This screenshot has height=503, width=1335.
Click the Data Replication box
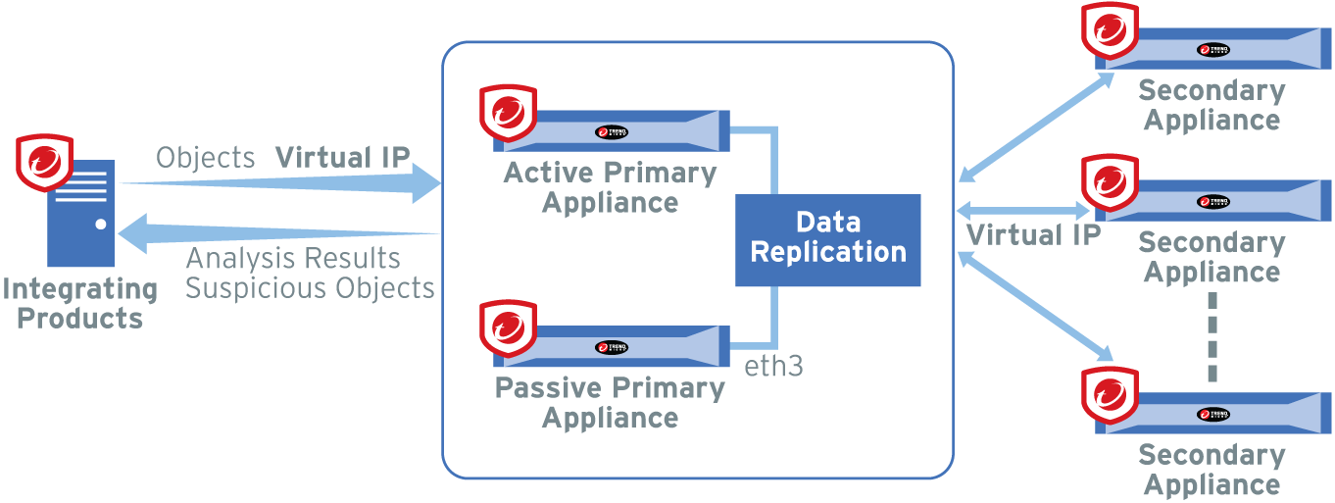[x=827, y=239]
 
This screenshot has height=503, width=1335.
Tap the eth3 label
[x=774, y=367]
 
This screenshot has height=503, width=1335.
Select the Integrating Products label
[x=79, y=304]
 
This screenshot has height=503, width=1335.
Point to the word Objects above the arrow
[x=205, y=158]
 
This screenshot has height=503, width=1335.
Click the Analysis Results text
[x=293, y=259]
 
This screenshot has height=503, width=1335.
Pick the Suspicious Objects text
[x=310, y=288]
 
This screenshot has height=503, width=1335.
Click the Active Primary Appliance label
[x=610, y=187]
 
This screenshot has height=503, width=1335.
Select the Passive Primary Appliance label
[x=610, y=402]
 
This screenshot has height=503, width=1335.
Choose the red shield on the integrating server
[x=45, y=162]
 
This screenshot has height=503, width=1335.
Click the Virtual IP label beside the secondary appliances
[x=1033, y=235]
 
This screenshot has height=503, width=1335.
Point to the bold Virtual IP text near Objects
[x=342, y=158]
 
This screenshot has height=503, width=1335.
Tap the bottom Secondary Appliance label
[x=1212, y=470]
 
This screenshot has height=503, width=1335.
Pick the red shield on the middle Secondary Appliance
[x=1110, y=183]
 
